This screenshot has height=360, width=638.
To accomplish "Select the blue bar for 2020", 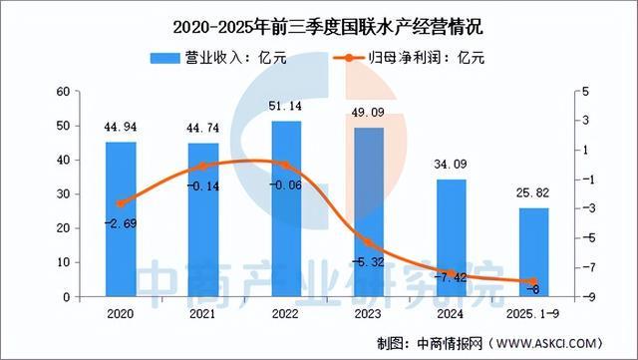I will pos(121,219).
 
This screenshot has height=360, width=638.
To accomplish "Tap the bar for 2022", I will pos(285,209).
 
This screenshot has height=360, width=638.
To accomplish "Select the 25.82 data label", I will pos(533,194).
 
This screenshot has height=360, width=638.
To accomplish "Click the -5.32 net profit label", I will pos(368,261).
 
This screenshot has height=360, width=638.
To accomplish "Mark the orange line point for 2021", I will pos(202,166).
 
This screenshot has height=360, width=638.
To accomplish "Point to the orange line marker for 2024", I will pos(451,273).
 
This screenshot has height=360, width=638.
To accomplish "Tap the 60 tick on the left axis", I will pos(62,91).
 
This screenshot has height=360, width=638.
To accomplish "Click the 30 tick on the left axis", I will pos(62,194).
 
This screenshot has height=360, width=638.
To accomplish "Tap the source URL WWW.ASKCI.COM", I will pos(559,343).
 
